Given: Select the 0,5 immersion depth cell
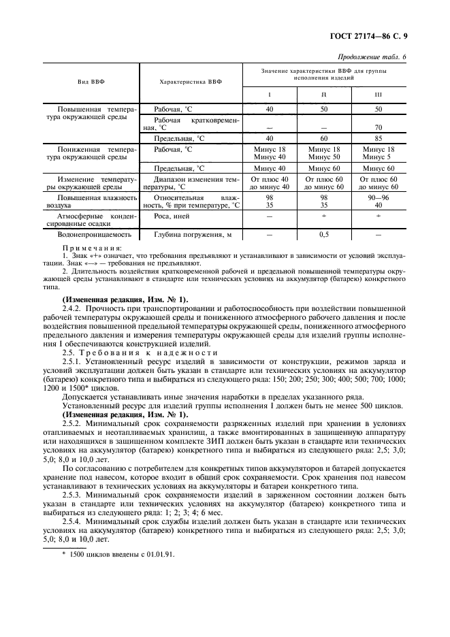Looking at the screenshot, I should [324, 235].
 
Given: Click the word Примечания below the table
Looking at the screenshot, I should [92, 248].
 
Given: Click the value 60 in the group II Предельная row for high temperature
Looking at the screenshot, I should [324, 137].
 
